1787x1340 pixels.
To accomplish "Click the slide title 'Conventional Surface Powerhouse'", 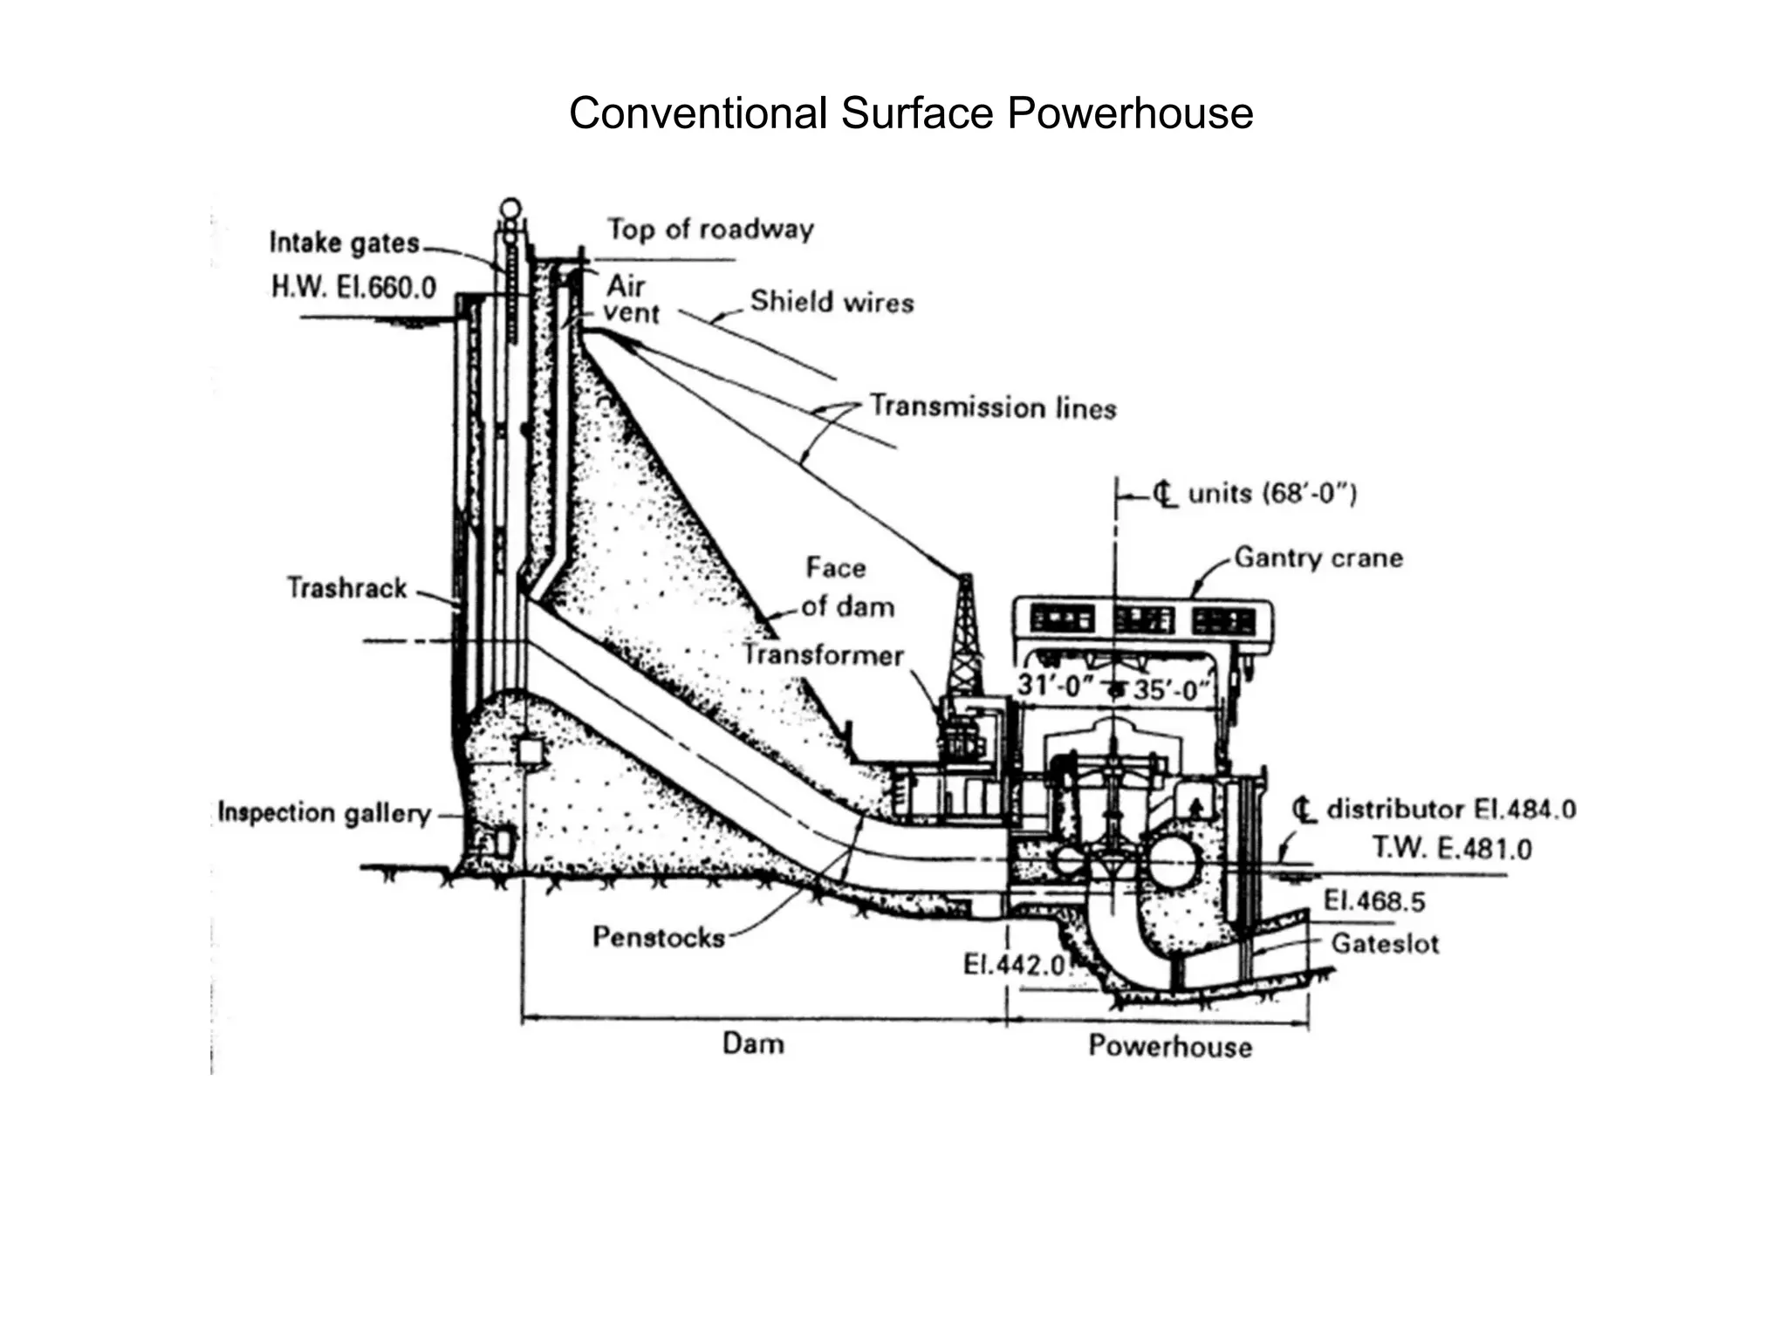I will [x=910, y=113].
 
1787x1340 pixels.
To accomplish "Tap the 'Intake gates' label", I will [x=345, y=243].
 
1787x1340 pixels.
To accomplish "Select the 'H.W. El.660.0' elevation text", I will [x=353, y=287].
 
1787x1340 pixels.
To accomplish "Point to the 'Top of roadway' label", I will [x=710, y=229].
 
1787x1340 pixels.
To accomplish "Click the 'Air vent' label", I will [x=629, y=299].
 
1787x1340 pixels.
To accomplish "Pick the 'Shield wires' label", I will [x=832, y=302].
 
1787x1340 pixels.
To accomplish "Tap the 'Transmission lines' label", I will [x=993, y=407].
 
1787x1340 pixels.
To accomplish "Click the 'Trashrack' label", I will [x=346, y=588].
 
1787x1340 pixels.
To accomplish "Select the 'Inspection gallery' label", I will [x=324, y=813].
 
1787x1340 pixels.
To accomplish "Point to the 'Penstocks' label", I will [x=659, y=937].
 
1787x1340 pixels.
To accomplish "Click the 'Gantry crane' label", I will [x=1318, y=558].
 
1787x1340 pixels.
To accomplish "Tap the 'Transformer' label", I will [x=823, y=655].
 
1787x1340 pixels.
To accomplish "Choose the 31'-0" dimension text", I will [x=1055, y=686].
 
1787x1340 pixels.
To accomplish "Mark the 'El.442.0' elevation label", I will [x=1014, y=965].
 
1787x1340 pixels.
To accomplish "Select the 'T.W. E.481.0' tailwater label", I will [x=1451, y=848].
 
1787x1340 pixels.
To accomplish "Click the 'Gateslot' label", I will [x=1384, y=944].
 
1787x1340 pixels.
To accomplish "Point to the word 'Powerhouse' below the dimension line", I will [x=1169, y=1046].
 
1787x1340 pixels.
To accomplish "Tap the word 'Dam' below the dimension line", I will [x=753, y=1043].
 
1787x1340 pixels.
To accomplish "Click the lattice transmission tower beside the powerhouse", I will [x=965, y=637].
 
